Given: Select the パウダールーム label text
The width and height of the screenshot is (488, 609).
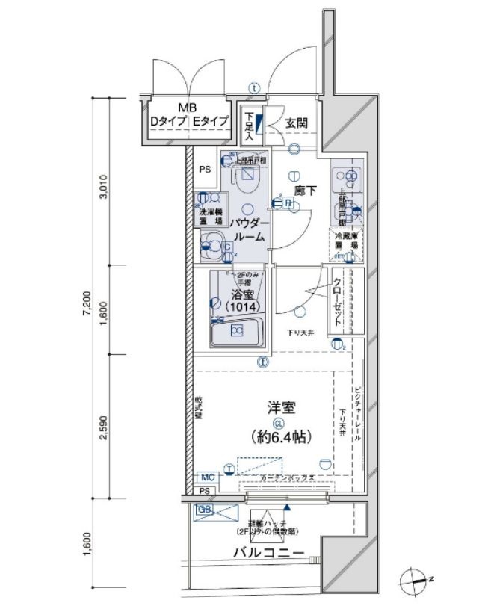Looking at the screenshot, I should click(x=248, y=230).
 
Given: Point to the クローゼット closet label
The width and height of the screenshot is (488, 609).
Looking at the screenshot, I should click(x=338, y=300).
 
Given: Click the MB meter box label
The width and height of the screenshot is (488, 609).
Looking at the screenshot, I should click(x=187, y=108).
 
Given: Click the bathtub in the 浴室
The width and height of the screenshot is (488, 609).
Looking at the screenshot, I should click(x=237, y=330).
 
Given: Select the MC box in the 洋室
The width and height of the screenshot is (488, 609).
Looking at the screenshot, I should click(x=206, y=476).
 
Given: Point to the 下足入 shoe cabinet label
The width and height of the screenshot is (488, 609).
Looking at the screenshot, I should click(x=250, y=126).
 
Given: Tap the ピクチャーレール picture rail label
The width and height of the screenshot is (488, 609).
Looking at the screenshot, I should click(x=358, y=414).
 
